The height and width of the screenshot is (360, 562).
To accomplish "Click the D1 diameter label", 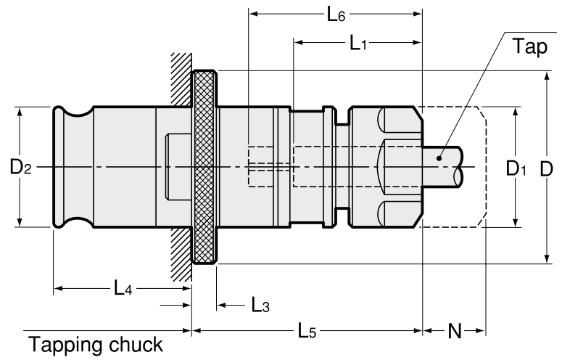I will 516,168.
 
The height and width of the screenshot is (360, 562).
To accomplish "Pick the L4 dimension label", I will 121,288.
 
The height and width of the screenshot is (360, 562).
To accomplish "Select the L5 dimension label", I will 307,331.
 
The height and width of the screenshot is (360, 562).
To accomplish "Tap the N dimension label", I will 454,332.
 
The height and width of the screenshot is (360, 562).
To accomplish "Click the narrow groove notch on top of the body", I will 338,115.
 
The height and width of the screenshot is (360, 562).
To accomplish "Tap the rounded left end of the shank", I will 59,168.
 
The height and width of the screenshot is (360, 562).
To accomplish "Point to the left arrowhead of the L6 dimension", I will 253,13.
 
